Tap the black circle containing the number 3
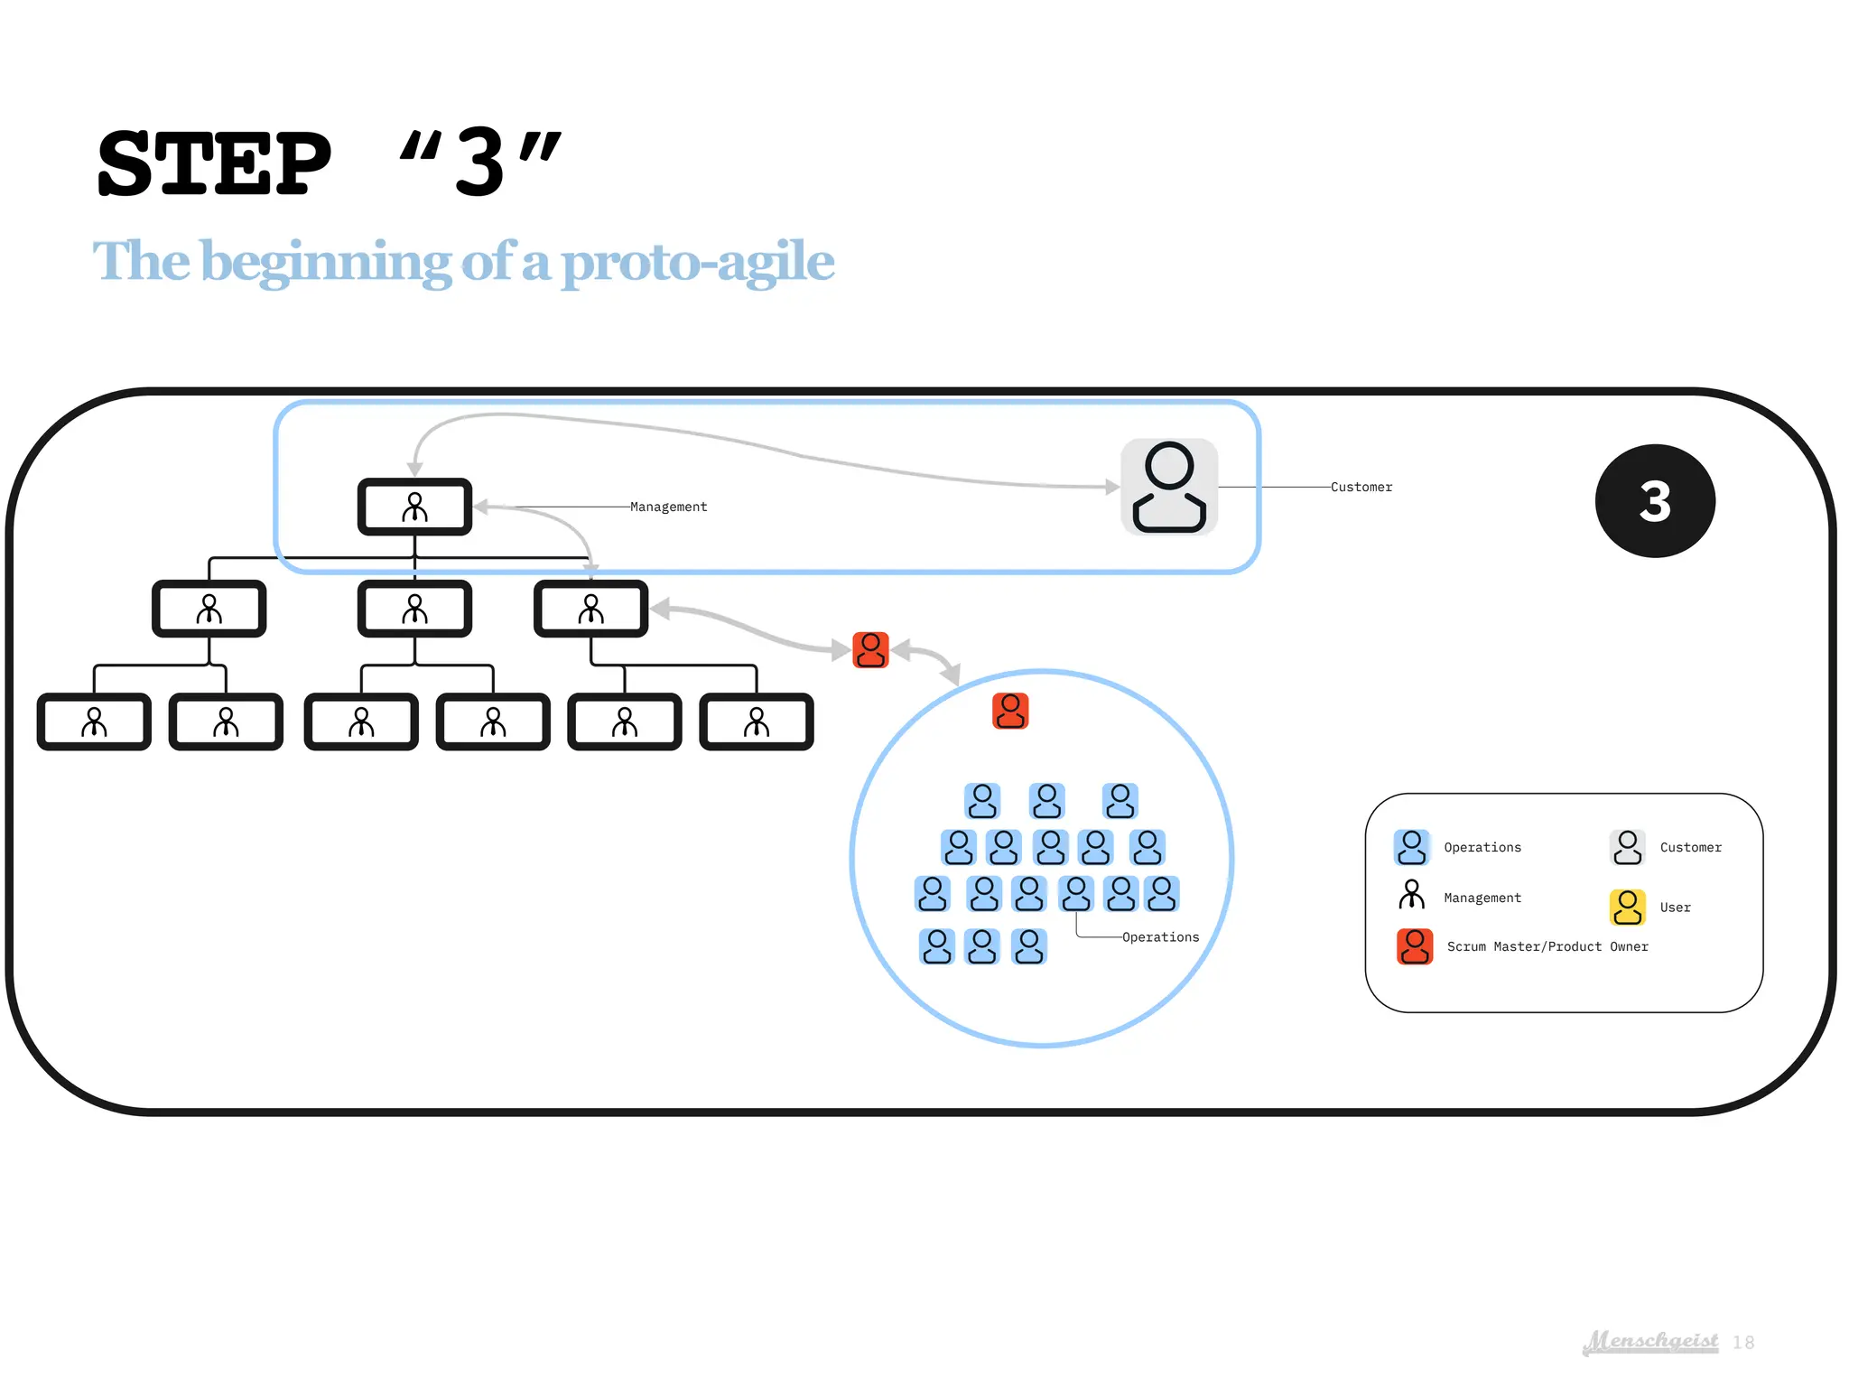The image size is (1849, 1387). pyautogui.click(x=1654, y=500)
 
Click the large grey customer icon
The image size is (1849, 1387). pyautogui.click(x=1169, y=487)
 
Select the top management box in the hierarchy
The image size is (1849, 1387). pyautogui.click(x=414, y=507)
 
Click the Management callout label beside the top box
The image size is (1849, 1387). pyautogui.click(x=668, y=507)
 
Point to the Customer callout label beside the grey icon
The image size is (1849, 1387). pyautogui.click(x=1361, y=487)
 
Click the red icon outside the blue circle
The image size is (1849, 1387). pyautogui.click(x=870, y=649)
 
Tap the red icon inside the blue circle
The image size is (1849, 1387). pyautogui.click(x=1010, y=711)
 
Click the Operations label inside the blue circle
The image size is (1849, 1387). pyautogui.click(x=1160, y=937)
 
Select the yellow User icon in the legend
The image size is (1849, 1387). pyautogui.click(x=1627, y=907)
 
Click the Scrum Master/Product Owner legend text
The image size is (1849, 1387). pyautogui.click(x=1547, y=946)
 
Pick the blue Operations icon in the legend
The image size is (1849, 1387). pyautogui.click(x=1411, y=847)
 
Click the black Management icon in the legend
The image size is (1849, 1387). pyautogui.click(x=1411, y=895)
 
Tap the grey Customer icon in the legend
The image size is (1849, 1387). pyautogui.click(x=1627, y=847)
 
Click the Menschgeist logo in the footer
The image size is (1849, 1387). pyautogui.click(x=1651, y=1341)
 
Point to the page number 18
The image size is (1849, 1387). pyautogui.click(x=1743, y=1343)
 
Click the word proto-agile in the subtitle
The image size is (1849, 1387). pyautogui.click(x=697, y=263)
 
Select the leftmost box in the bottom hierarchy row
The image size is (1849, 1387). pyautogui.click(x=94, y=721)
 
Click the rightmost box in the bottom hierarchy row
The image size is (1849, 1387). pyautogui.click(x=757, y=721)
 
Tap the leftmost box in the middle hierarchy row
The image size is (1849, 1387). pyautogui.click(x=209, y=609)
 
